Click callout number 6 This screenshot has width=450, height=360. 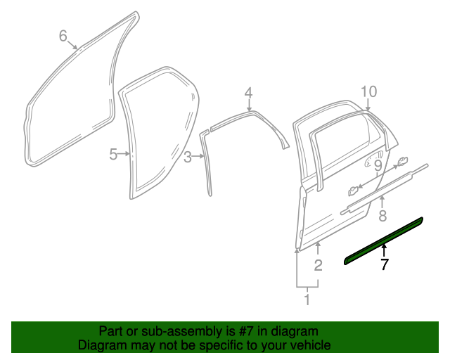click(x=63, y=36)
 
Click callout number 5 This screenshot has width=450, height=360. click(x=114, y=155)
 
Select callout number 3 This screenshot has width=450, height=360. click(x=188, y=157)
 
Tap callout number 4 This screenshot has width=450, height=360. click(x=248, y=92)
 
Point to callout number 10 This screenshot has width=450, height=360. click(x=368, y=91)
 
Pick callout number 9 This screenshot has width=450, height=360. click(x=378, y=166)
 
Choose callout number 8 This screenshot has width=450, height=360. click(x=382, y=215)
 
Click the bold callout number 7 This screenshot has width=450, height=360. click(x=384, y=265)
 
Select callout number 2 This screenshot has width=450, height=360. click(x=318, y=265)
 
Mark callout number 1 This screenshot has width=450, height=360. click(x=307, y=301)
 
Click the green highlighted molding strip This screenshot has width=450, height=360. click(x=383, y=240)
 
